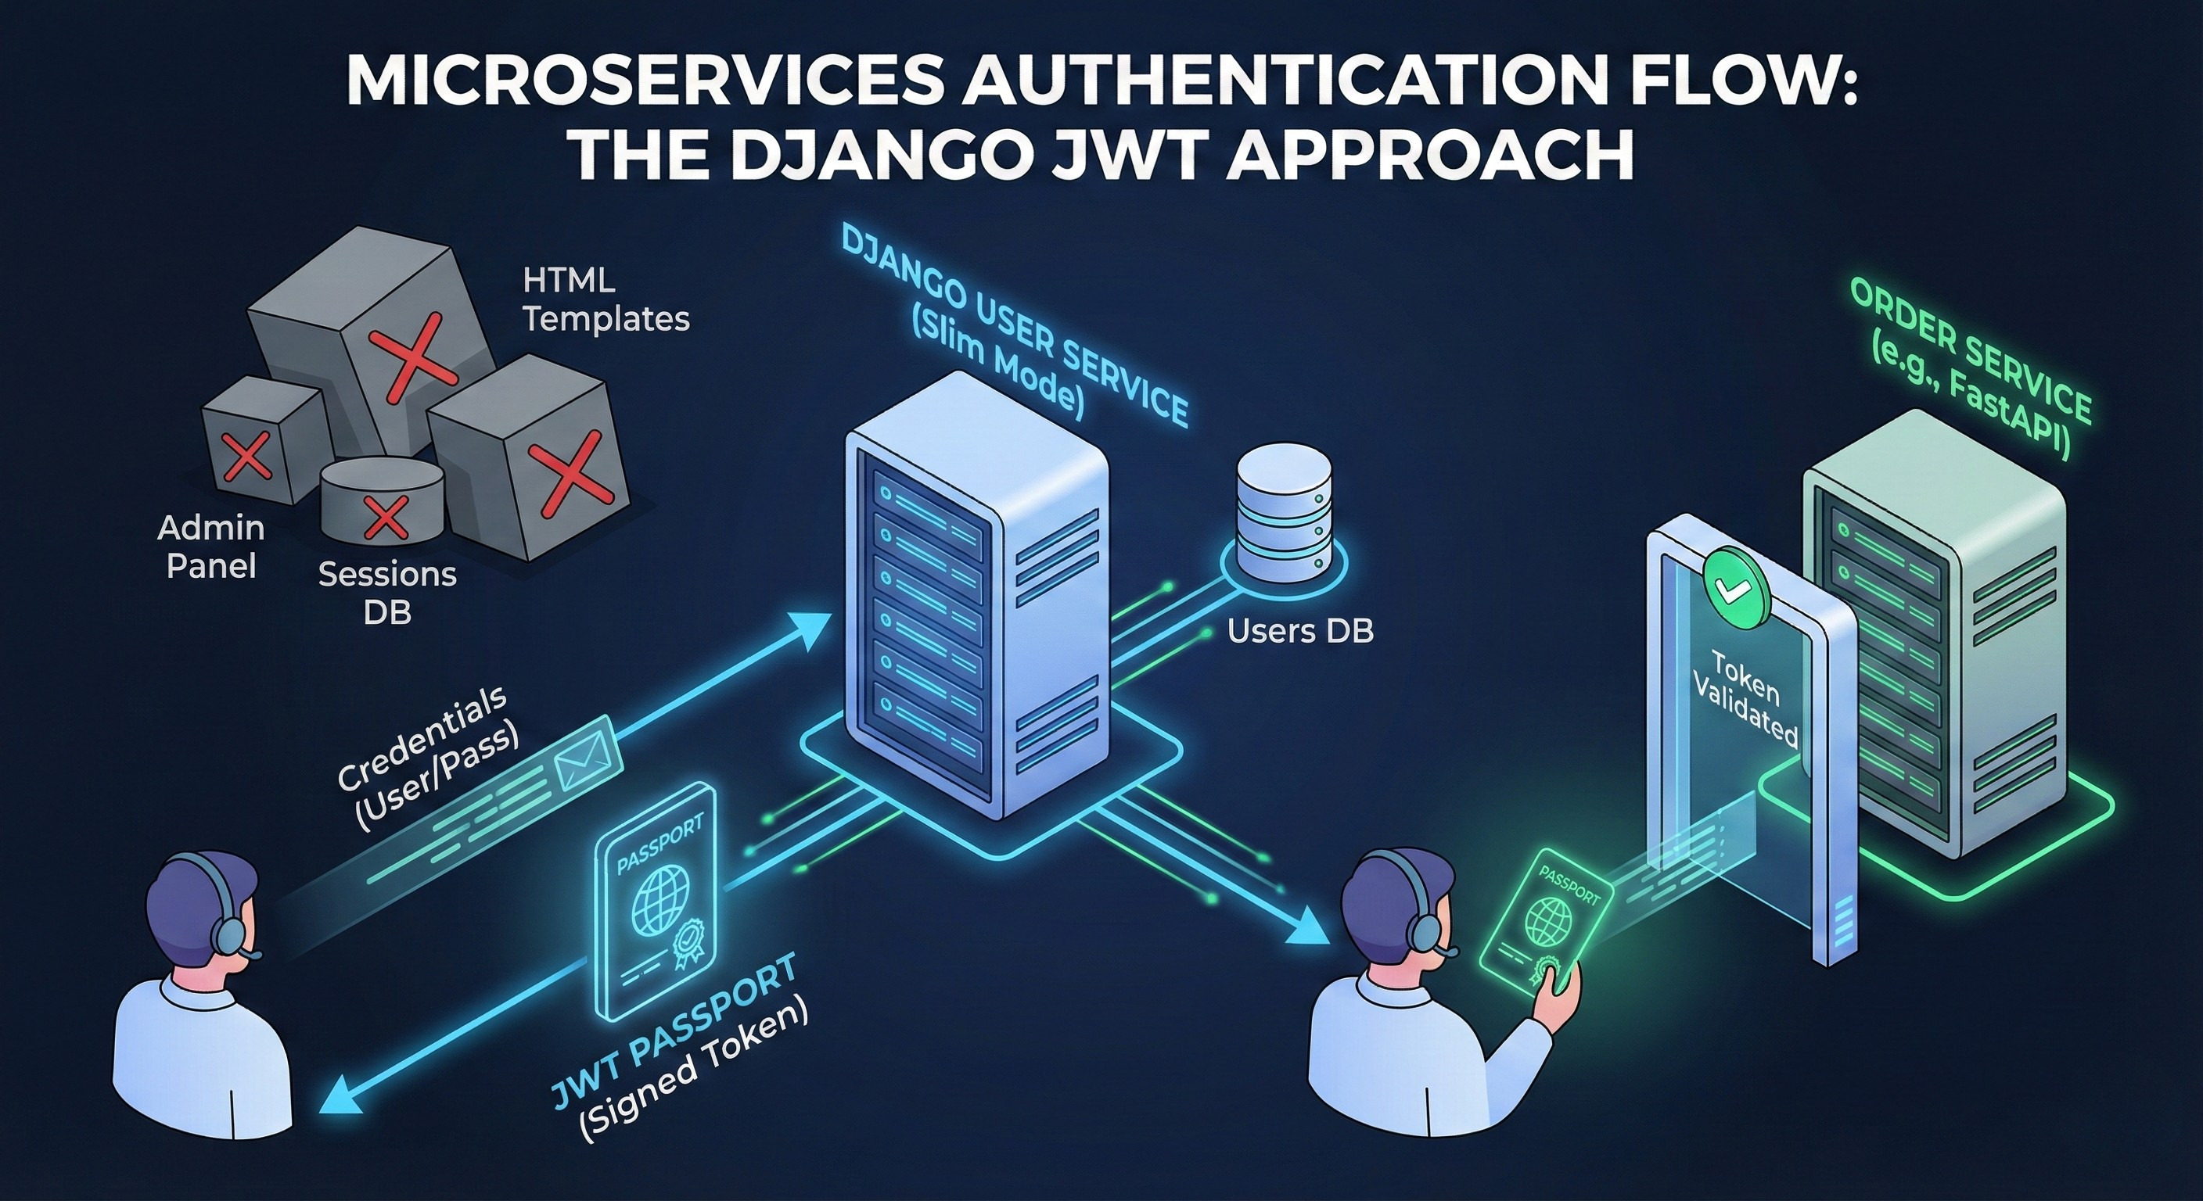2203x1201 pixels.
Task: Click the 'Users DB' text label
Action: pos(1300,631)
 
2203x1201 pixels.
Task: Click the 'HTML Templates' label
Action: pos(606,299)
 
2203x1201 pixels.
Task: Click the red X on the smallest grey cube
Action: pos(247,455)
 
